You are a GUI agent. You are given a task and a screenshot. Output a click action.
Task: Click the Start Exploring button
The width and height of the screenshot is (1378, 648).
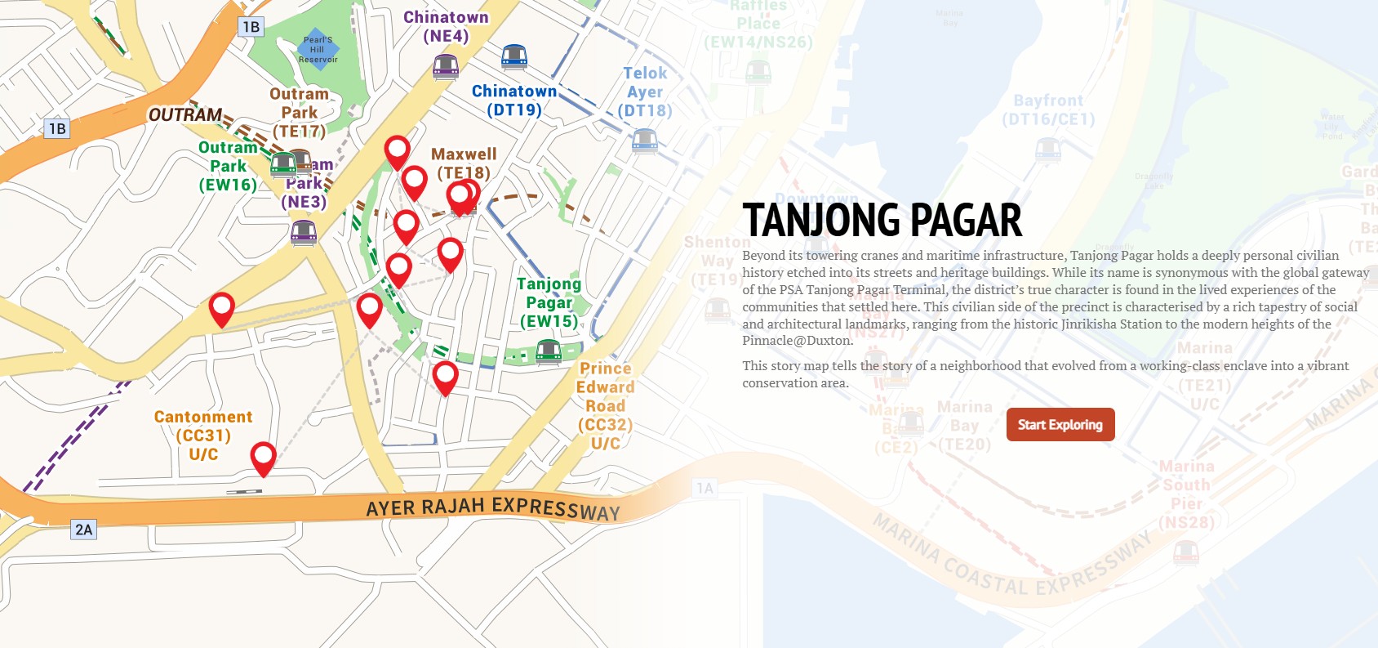point(1060,425)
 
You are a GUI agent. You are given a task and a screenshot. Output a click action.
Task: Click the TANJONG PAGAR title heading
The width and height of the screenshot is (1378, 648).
point(882,220)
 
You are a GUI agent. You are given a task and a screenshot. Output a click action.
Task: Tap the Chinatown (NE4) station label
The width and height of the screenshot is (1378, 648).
point(446,26)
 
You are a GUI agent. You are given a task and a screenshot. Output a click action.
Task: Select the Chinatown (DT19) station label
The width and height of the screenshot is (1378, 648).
point(514,101)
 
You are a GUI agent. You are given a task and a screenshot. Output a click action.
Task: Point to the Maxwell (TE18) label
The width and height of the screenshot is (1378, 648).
point(464,163)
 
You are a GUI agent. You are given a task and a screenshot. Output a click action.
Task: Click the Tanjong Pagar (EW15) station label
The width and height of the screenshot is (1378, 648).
point(549,302)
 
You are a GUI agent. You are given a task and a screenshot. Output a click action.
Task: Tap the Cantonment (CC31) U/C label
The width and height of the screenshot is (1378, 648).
point(203,435)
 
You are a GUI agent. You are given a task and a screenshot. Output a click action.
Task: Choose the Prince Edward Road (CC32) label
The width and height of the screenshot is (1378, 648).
point(605,405)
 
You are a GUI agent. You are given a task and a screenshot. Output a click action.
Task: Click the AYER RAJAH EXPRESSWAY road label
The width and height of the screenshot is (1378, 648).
point(493,507)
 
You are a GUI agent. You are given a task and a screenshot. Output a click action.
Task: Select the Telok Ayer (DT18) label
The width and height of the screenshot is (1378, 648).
point(645,92)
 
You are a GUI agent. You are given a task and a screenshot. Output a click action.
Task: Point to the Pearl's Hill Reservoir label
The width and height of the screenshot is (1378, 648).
point(318,50)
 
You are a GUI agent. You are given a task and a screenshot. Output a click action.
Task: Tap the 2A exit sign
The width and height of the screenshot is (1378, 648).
point(84,530)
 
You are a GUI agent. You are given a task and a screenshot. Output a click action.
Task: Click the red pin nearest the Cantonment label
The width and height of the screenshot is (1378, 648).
point(263,458)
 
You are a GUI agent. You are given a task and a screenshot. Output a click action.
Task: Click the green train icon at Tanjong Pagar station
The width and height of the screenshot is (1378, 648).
point(549,352)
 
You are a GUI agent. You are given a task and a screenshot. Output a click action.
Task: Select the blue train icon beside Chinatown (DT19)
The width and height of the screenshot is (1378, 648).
point(513,57)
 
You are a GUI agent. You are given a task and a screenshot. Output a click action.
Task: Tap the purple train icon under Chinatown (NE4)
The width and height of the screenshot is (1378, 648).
point(446,66)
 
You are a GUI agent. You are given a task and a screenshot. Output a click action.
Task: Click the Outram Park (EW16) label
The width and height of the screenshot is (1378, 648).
point(228,166)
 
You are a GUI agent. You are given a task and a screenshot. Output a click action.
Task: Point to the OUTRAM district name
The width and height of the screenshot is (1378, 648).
point(185,114)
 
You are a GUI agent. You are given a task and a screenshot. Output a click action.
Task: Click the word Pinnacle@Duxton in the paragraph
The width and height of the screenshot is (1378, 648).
point(786,341)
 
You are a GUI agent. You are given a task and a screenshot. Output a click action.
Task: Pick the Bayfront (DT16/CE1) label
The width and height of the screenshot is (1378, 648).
point(1048,109)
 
